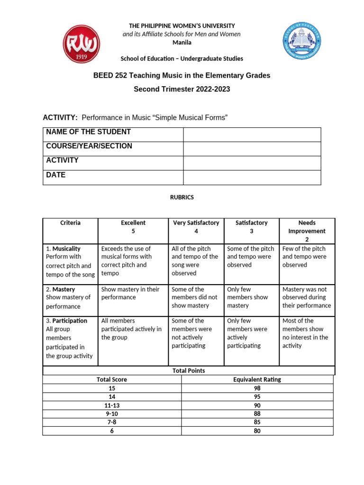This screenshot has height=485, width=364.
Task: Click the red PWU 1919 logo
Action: tap(82, 44)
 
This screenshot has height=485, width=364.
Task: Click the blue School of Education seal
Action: tap(302, 41)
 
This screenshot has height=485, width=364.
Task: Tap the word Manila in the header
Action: tap(182, 43)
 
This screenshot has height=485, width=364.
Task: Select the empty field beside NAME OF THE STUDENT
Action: tap(252, 135)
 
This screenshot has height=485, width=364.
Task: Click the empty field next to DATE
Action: tap(252, 177)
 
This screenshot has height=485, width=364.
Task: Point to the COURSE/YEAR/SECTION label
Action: tap(89, 146)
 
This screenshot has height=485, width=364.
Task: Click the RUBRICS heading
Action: tap(182, 198)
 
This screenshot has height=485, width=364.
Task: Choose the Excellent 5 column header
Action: tap(133, 227)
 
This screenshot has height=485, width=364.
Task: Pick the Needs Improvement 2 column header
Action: tap(307, 231)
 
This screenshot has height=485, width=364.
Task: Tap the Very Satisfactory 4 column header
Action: tap(196, 227)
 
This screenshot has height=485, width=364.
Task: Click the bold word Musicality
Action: tap(66, 249)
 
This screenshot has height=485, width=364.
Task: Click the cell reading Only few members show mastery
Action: tap(247, 297)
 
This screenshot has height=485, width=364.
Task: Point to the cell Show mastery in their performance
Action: tap(130, 293)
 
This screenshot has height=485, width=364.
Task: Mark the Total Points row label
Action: tap(189, 370)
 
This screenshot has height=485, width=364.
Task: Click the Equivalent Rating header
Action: tap(257, 379)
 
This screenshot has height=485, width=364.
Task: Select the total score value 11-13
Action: tap(112, 405)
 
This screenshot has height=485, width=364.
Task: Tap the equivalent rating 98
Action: tap(257, 388)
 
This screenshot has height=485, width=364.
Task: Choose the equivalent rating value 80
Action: tap(257, 431)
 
